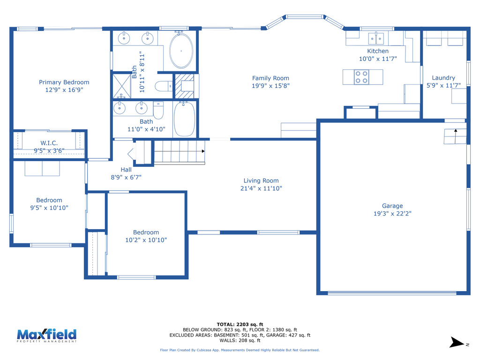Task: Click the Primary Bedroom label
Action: coord(64,82)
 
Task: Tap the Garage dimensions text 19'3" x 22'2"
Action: coord(392,214)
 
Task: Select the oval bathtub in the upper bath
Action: coord(181,51)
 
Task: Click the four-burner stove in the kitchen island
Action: coord(361,77)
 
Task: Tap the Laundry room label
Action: coord(443,78)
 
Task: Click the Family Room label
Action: coord(270,78)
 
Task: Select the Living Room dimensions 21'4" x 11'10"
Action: coord(261,188)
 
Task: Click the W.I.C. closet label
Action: coord(49,143)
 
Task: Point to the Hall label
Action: coord(126,170)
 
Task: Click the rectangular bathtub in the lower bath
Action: coord(184,119)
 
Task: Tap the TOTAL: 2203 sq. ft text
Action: coord(240,324)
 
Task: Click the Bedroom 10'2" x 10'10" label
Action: coord(146,232)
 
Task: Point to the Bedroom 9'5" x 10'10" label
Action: coord(49,200)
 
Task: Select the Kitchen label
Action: coord(377,51)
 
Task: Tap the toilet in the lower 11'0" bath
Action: coord(158,110)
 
